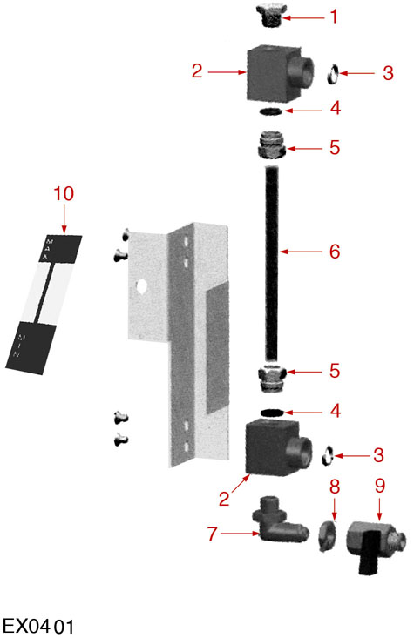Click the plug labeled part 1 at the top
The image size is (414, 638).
270,16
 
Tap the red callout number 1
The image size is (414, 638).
334,17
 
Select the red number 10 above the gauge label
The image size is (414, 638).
64,194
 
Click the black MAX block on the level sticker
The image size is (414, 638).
60,248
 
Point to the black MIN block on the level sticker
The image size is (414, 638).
31,348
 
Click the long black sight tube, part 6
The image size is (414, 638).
271,264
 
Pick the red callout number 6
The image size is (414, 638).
335,252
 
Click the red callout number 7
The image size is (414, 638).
213,534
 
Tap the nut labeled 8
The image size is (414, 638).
327,535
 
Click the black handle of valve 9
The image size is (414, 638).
370,554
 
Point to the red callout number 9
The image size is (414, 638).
380,486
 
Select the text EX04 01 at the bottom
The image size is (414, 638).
38,626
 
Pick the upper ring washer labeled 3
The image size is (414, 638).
333,74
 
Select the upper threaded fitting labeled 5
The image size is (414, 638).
270,144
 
